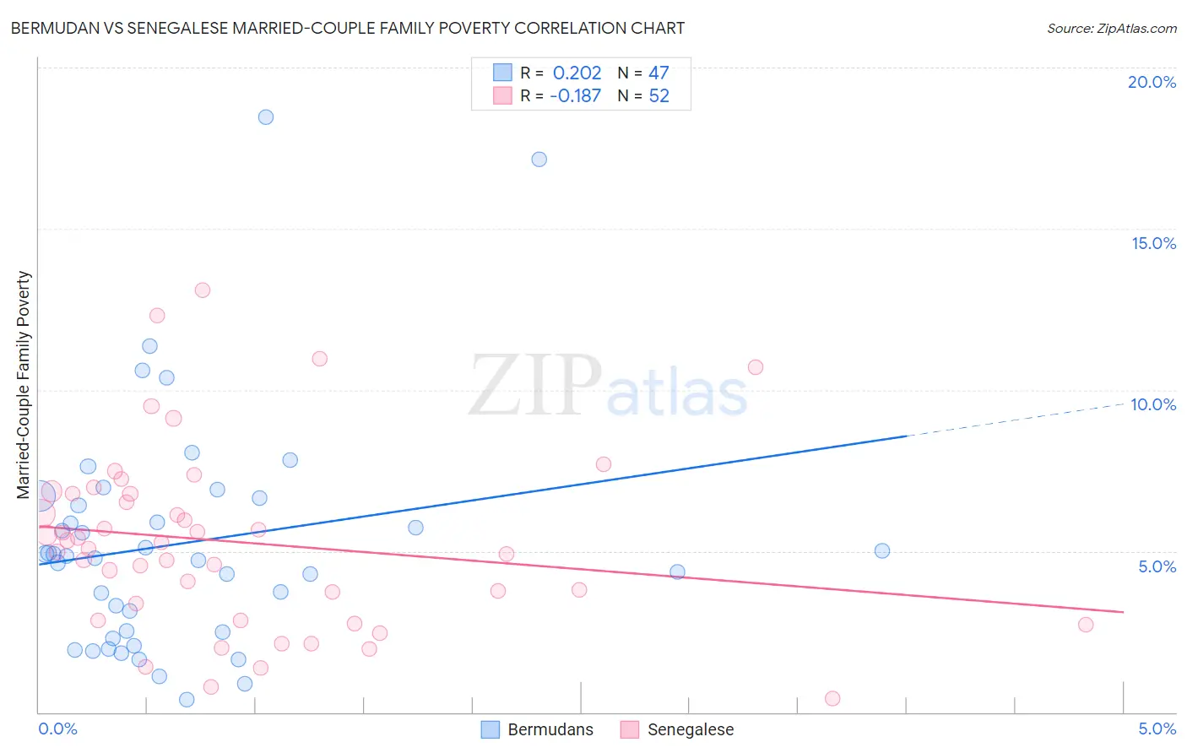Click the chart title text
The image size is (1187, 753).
pos(348,28)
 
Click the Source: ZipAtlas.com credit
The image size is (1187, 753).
pos(1111,28)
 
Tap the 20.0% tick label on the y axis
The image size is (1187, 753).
pos(1152,82)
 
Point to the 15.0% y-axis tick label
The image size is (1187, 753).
pos(1153,243)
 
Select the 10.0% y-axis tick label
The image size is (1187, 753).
pos(1153,404)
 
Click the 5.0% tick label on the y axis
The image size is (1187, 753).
pos(1157,566)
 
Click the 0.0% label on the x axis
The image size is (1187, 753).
pos(57,729)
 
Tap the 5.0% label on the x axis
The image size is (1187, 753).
pos(1157,729)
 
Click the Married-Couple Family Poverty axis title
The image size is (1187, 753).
pos(24,385)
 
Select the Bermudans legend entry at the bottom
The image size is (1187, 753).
pos(538,729)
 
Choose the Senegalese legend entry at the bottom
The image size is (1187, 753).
pos(677,729)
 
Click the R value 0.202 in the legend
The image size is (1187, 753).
pos(577,73)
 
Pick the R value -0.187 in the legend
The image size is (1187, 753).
pos(575,95)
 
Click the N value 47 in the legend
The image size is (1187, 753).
pos(659,73)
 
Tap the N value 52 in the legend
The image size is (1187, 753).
pos(659,95)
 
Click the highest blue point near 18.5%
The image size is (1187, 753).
pos(266,117)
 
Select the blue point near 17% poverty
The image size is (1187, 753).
pos(539,160)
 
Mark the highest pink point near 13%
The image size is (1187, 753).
pos(203,290)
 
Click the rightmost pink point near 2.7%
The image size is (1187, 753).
pos(1086,625)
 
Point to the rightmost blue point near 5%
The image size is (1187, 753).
pos(882,551)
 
